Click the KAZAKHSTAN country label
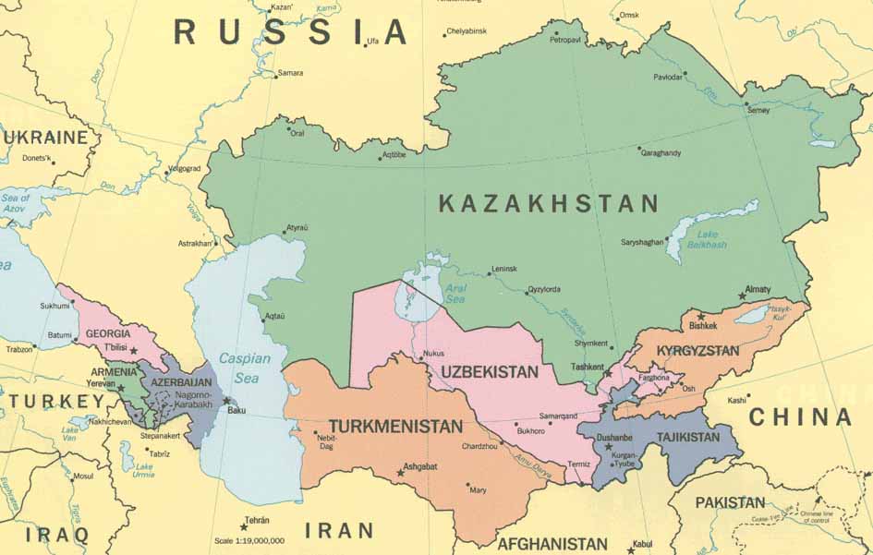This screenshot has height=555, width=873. [x=549, y=204]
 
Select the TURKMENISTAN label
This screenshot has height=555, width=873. [x=394, y=427]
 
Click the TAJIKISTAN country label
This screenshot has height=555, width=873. [x=687, y=437]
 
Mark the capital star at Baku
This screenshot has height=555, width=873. [x=226, y=400]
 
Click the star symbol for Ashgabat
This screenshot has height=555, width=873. [x=400, y=473]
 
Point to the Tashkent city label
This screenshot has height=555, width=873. [x=588, y=367]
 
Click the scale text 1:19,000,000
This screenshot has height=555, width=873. [x=249, y=541]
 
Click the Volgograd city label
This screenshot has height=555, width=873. [x=183, y=169]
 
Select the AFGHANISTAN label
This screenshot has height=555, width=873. [x=552, y=544]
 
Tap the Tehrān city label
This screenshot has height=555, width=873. [x=257, y=520]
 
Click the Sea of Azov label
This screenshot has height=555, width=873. [x=16, y=203]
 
